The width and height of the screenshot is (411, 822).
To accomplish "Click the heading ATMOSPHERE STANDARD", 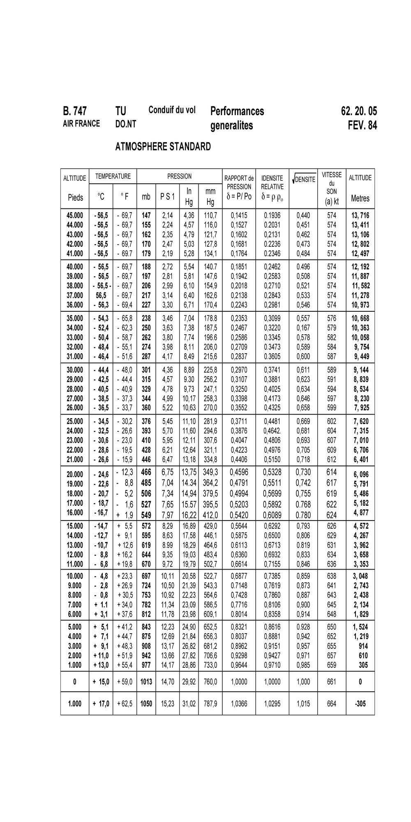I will pyautogui.click(x=163, y=147).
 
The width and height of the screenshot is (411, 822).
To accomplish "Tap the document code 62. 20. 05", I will pyautogui.click(x=358, y=111).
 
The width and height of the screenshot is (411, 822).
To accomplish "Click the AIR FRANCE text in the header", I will pyautogui.click(x=81, y=124).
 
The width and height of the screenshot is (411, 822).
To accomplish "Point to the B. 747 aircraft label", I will pyautogui.click(x=74, y=111).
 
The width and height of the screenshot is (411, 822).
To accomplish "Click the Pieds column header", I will pyautogui.click(x=75, y=197).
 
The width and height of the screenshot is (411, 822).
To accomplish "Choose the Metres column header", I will pyautogui.click(x=360, y=198).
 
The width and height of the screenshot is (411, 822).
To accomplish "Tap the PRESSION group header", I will pyautogui.click(x=179, y=176).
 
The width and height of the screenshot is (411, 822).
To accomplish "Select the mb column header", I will pyautogui.click(x=146, y=197).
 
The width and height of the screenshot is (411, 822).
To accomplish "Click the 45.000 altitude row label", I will pyautogui.click(x=75, y=215).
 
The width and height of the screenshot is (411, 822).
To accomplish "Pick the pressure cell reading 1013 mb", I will pyautogui.click(x=146, y=681).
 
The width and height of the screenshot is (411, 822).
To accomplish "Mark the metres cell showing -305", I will pyautogui.click(x=360, y=704).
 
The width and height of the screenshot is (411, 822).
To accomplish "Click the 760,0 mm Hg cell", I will pyautogui.click(x=210, y=681).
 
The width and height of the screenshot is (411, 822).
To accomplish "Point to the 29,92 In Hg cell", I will pyautogui.click(x=189, y=681).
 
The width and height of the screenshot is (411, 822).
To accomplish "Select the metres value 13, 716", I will pyautogui.click(x=360, y=215).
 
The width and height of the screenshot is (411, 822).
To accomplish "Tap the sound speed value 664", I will pyautogui.click(x=331, y=704).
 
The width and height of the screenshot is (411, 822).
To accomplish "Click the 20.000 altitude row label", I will pyautogui.click(x=75, y=474).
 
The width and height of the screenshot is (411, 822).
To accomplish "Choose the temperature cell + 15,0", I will pyautogui.click(x=101, y=681).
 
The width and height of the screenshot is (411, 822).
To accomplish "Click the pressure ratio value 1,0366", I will pyautogui.click(x=239, y=704).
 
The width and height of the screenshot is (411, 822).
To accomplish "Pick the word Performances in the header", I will pyautogui.click(x=237, y=111).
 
